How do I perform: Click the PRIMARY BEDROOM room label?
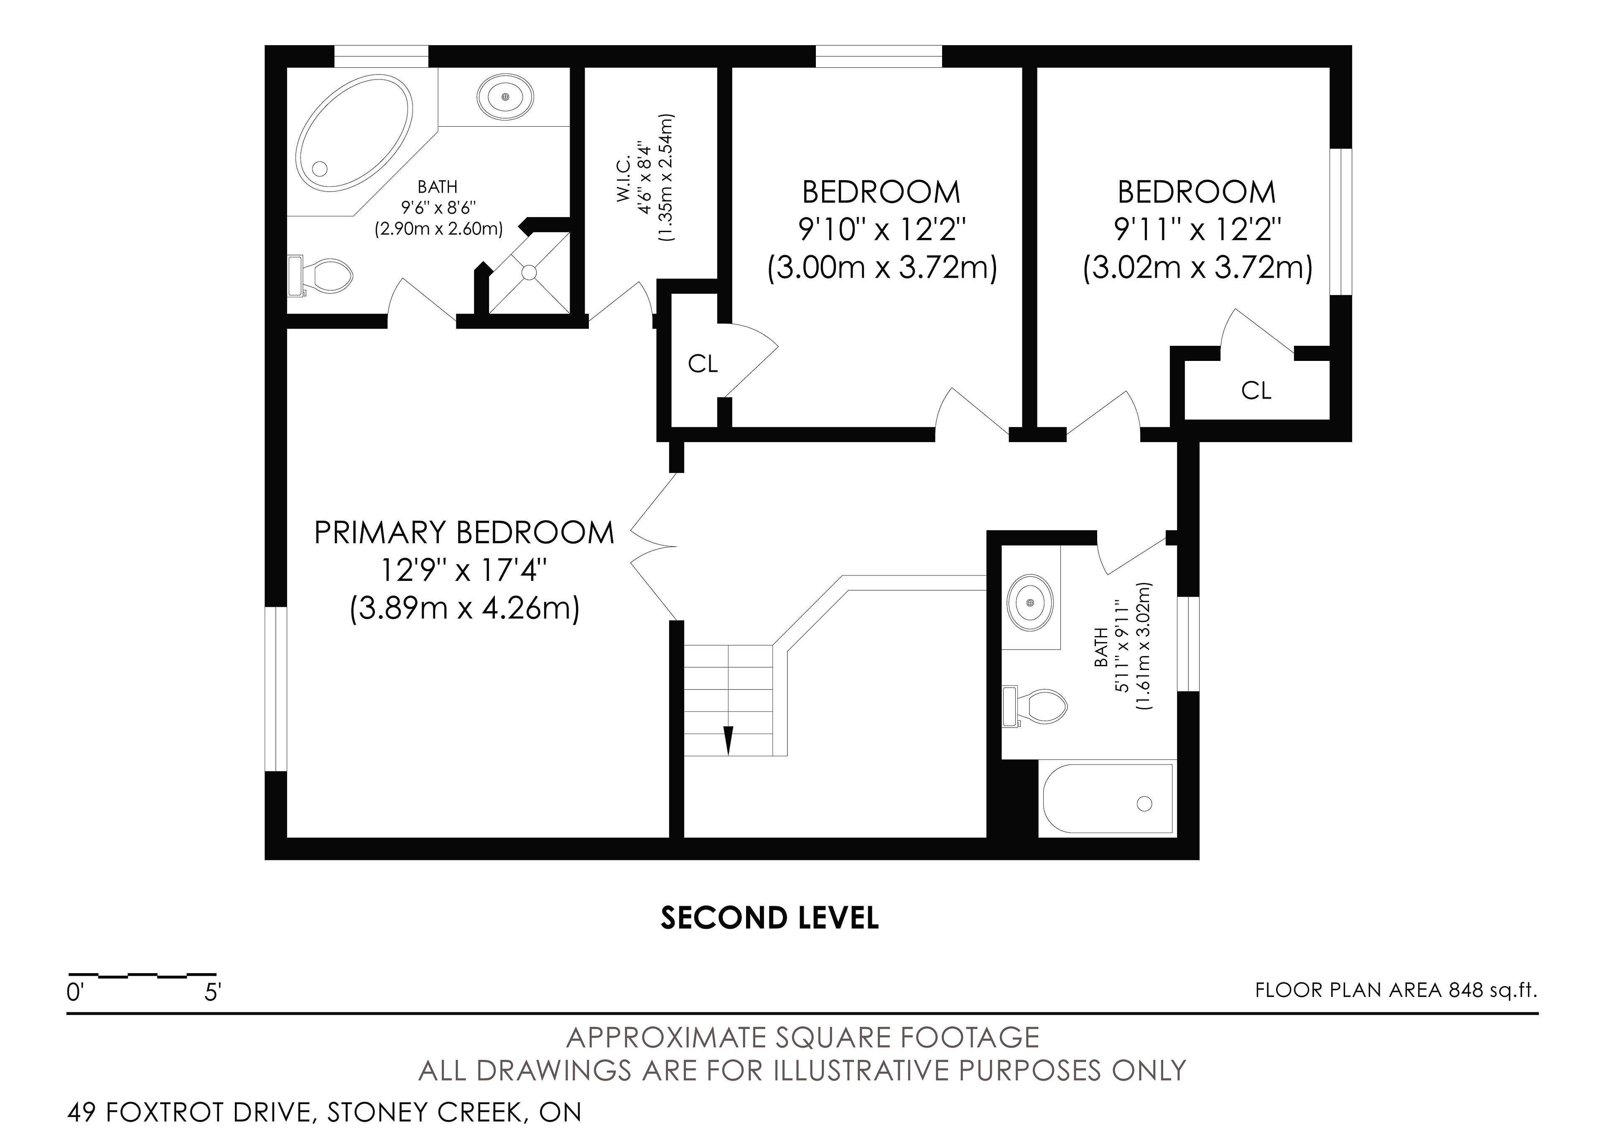pos(464,533)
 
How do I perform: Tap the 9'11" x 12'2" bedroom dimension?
pos(1197,229)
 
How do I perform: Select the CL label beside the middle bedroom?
pos(703,364)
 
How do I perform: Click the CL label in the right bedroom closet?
pos(1256,390)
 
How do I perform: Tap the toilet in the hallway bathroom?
pos(1034,706)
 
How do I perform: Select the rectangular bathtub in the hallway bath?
pos(1107,799)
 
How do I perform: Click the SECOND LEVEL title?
pos(769,918)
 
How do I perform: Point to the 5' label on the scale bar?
pos(212,992)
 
